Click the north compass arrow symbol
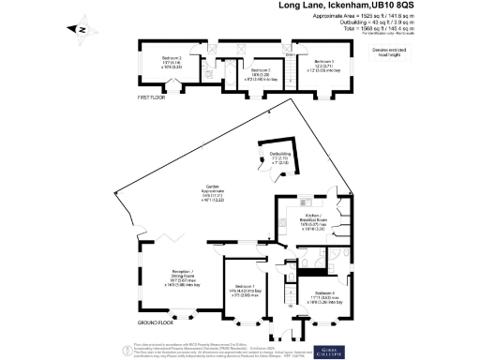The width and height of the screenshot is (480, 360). (x=82, y=30)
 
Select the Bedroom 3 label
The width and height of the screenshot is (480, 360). (x=261, y=69)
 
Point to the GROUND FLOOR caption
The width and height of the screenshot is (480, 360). (x=153, y=322)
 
